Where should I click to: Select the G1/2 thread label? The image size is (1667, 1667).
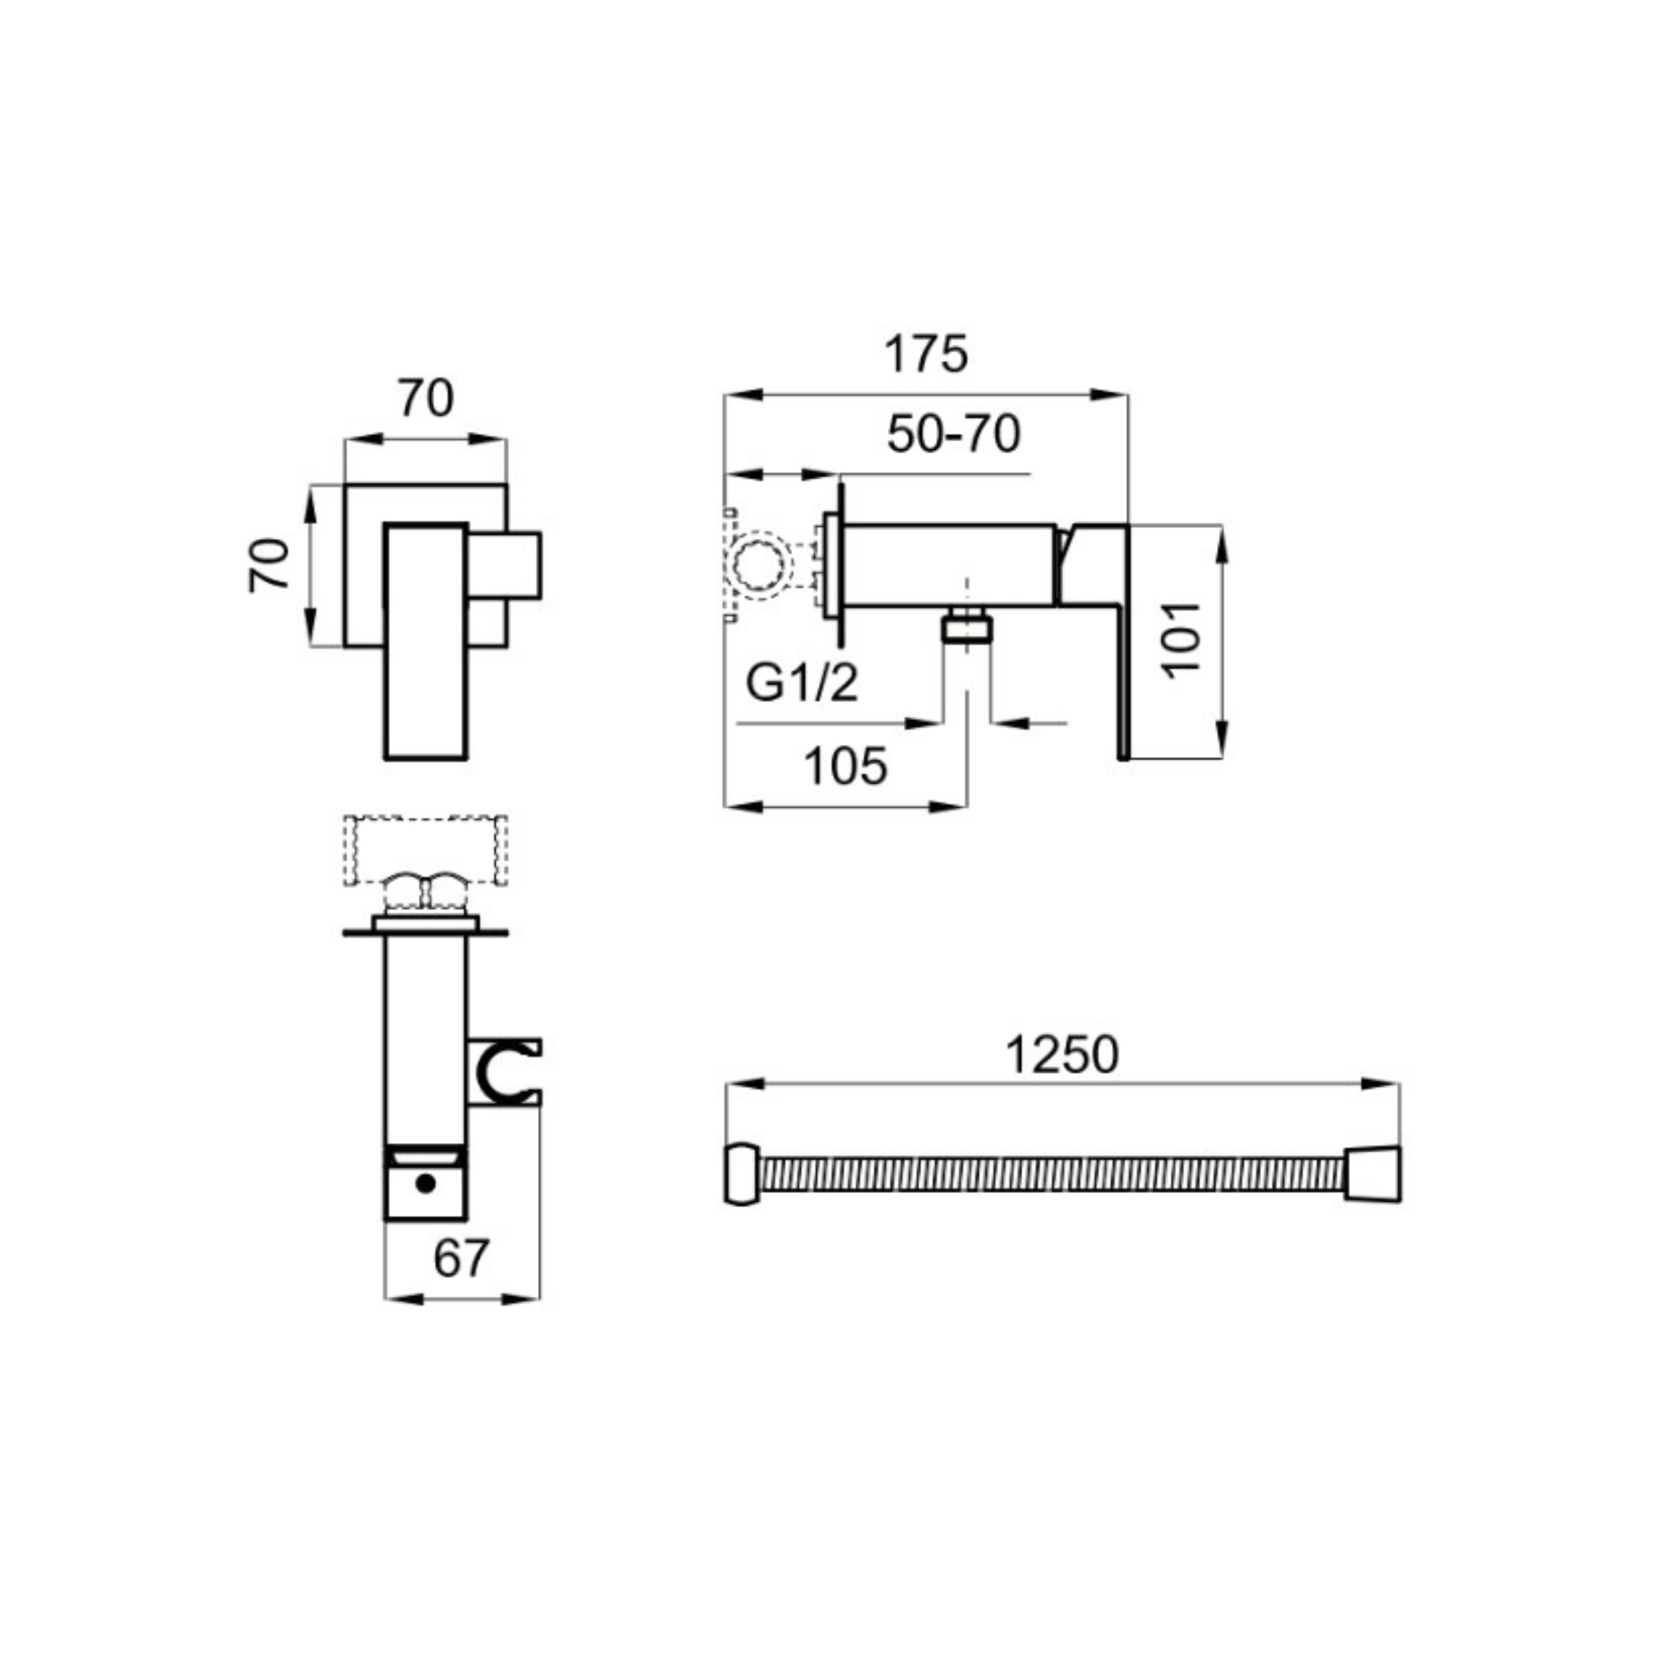(x=802, y=684)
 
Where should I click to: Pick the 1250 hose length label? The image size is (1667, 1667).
(x=1062, y=1055)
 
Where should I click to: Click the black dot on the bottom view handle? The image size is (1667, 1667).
(x=424, y=1183)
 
